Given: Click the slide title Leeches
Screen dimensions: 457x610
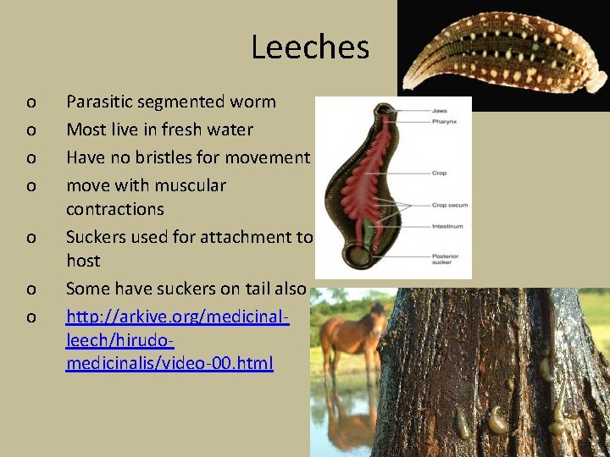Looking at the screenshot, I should click(x=310, y=47).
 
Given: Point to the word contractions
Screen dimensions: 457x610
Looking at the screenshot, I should click(x=115, y=209).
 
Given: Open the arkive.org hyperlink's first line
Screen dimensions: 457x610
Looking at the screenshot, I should click(x=178, y=317).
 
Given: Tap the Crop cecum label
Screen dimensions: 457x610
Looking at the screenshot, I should click(x=450, y=205).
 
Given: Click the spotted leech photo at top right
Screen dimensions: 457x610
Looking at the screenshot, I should click(x=504, y=56).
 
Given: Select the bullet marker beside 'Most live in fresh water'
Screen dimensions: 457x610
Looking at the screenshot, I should click(x=30, y=129).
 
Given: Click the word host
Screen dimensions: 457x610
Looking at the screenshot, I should click(x=83, y=261).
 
